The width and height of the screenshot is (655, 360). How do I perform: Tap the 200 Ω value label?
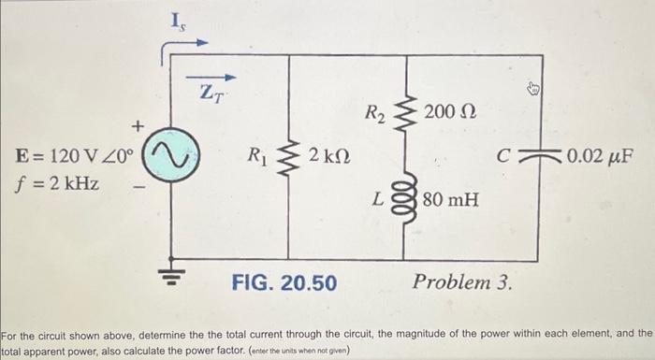click(450, 114)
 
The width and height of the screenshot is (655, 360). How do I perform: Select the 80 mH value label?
click(450, 198)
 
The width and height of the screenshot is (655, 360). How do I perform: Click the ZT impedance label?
click(213, 94)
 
